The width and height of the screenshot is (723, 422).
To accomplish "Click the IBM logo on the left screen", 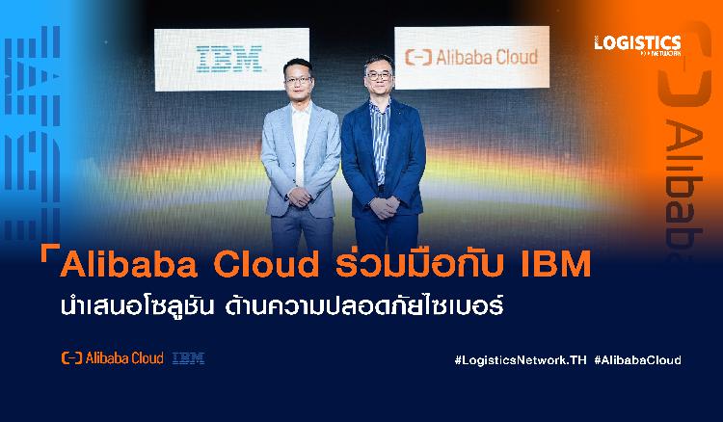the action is pos(229,59).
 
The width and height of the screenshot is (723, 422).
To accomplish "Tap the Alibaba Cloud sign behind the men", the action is pos(471,57).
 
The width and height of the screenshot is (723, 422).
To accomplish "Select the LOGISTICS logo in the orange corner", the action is pos(638,45).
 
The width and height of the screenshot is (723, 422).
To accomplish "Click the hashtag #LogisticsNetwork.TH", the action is pos(521,359).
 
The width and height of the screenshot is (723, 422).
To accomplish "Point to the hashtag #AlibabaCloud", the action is pos(638,359).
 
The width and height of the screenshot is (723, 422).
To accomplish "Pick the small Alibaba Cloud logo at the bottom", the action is pos(113,358).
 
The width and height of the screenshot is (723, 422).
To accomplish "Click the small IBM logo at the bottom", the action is pos(188,358).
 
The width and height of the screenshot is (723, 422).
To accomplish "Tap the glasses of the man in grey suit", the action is pos(298,80).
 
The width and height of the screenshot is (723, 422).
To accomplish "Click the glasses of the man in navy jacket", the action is pos(379,76).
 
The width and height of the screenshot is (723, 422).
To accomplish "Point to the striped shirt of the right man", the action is pos(380,142).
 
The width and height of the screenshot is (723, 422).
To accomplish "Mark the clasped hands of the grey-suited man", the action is pos(300,198).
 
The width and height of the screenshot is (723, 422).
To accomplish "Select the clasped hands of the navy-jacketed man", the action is pos(384,207).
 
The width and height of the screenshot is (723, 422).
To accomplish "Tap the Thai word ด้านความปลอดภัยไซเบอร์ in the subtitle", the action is pos(363,306).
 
